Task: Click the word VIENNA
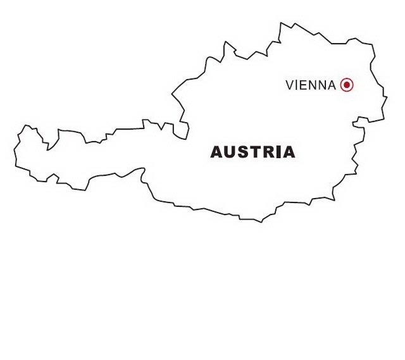pyautogui.click(x=311, y=85)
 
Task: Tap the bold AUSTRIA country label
pyautogui.click(x=252, y=152)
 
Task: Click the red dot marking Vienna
pyautogui.click(x=346, y=85)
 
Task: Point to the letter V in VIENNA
pyautogui.click(x=290, y=85)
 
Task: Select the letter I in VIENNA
pyautogui.click(x=297, y=85)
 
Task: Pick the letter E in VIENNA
pyautogui.click(x=304, y=85)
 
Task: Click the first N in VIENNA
pyautogui.click(x=313, y=85)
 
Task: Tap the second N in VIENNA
pyautogui.click(x=322, y=85)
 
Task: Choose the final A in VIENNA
pyautogui.click(x=332, y=85)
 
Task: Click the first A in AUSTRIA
pyautogui.click(x=216, y=152)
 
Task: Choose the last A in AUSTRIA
pyautogui.click(x=287, y=152)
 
